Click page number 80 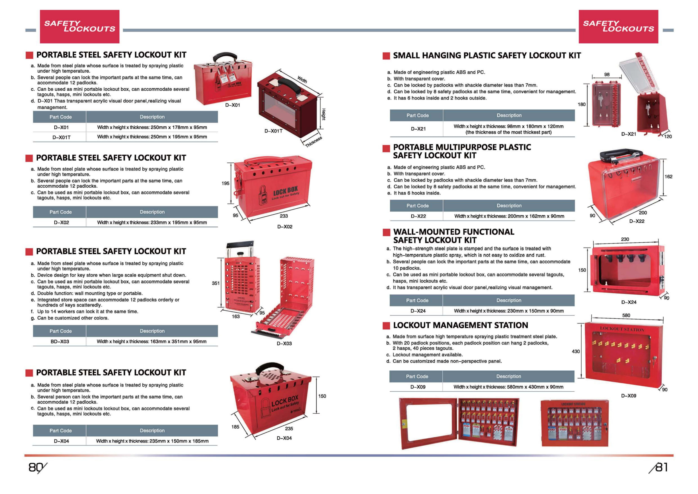pyautogui.click(x=36, y=467)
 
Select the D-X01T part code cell pyautogui.click(x=61, y=137)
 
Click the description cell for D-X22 pyautogui.click(x=509, y=216)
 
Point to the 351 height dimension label pyautogui.click(x=216, y=283)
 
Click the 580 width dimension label pyautogui.click(x=626, y=315)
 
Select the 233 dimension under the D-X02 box pyautogui.click(x=284, y=216)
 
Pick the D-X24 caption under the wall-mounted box pyautogui.click(x=629, y=302)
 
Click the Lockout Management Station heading pyautogui.click(x=460, y=325)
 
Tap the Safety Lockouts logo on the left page pyautogui.click(x=80, y=26)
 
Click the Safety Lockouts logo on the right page pyautogui.click(x=618, y=26)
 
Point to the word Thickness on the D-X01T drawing pyautogui.click(x=313, y=142)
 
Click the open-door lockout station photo pyautogui.click(x=459, y=423)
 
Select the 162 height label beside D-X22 pyautogui.click(x=668, y=177)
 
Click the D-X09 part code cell pyautogui.click(x=418, y=387)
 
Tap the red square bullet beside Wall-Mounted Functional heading pyautogui.click(x=386, y=233)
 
